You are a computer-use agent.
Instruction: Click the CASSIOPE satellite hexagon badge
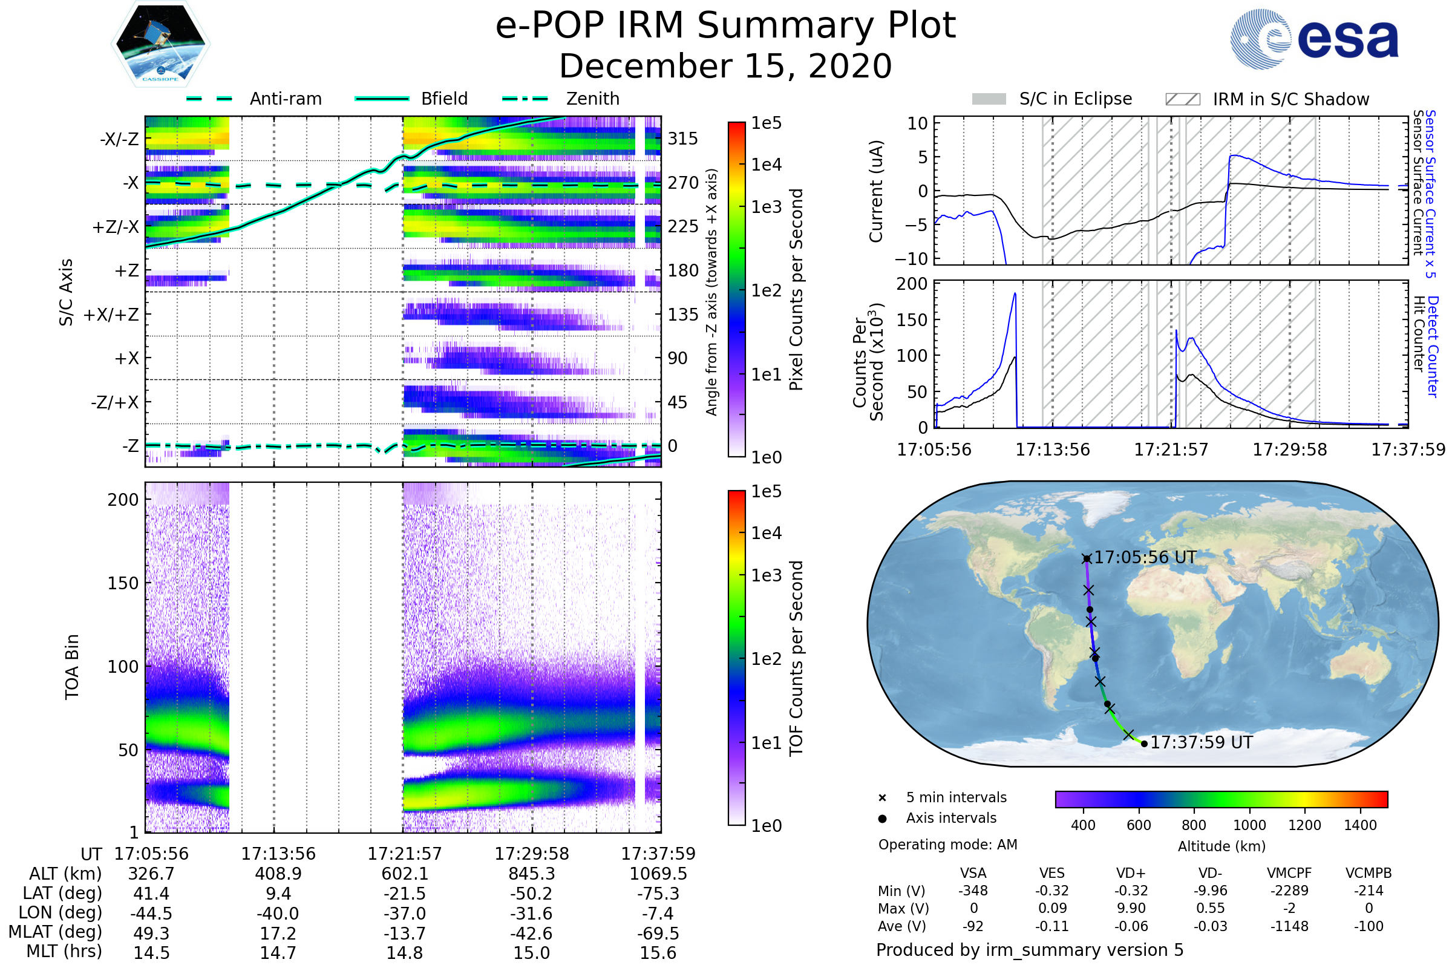[160, 43]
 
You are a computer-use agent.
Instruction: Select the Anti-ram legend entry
[285, 99]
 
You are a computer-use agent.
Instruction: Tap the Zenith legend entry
[592, 99]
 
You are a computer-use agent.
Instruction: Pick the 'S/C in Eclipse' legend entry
[1075, 99]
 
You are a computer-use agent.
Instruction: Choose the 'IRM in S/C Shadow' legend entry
[1290, 99]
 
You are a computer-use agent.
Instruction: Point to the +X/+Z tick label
[111, 315]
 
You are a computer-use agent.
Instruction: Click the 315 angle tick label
[682, 139]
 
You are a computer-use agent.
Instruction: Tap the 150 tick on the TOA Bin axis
[123, 583]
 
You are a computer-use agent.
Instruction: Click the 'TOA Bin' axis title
[72, 667]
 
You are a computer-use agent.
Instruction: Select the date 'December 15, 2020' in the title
[725, 66]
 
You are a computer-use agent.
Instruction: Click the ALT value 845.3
[532, 874]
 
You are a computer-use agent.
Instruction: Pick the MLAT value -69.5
[658, 933]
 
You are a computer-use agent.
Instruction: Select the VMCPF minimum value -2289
[1289, 891]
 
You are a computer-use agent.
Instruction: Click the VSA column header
[973, 873]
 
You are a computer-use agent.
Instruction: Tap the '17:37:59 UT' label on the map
[1202, 743]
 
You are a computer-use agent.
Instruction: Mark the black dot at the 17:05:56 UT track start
[1087, 558]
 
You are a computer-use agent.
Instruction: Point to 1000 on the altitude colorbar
[1249, 825]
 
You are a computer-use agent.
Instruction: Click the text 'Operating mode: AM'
[947, 845]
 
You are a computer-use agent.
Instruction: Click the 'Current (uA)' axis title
[876, 191]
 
